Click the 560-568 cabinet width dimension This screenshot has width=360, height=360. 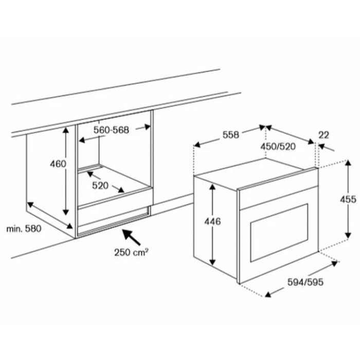pyautogui.click(x=112, y=130)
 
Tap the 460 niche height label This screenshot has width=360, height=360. pyautogui.click(x=58, y=164)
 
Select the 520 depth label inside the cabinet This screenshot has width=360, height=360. pyautogui.click(x=100, y=186)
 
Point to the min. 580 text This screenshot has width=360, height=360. pyautogui.click(x=24, y=229)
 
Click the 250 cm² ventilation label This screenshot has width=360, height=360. pyautogui.click(x=131, y=253)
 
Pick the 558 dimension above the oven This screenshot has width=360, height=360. pyautogui.click(x=231, y=135)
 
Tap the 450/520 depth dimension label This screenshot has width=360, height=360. pyautogui.click(x=278, y=147)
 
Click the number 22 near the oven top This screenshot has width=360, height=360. pyautogui.click(x=323, y=135)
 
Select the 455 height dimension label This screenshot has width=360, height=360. pyautogui.click(x=348, y=200)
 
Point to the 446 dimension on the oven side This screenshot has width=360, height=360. pyautogui.click(x=212, y=221)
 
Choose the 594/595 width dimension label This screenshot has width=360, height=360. pyautogui.click(x=305, y=282)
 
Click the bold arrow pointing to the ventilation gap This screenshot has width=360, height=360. pyautogui.click(x=131, y=237)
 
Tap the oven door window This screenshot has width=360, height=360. pyautogui.click(x=279, y=232)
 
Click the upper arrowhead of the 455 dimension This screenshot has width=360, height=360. pyautogui.click(x=348, y=163)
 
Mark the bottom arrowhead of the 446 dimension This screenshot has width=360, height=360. pyautogui.click(x=212, y=261)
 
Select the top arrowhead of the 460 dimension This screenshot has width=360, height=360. pyautogui.click(x=66, y=131)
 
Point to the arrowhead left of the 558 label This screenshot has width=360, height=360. pyautogui.click(x=197, y=145)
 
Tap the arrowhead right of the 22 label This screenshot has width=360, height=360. pyautogui.click(x=322, y=146)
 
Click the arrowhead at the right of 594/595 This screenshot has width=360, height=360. pyautogui.click(x=334, y=263)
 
